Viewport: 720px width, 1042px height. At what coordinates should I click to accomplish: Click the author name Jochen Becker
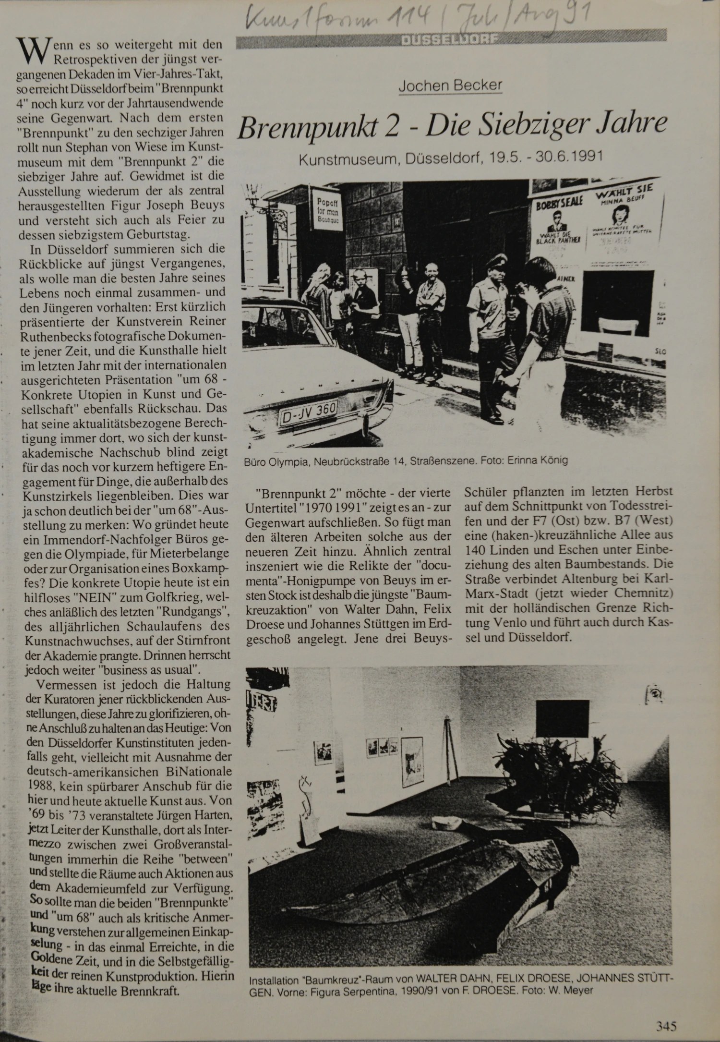pyautogui.click(x=450, y=86)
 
